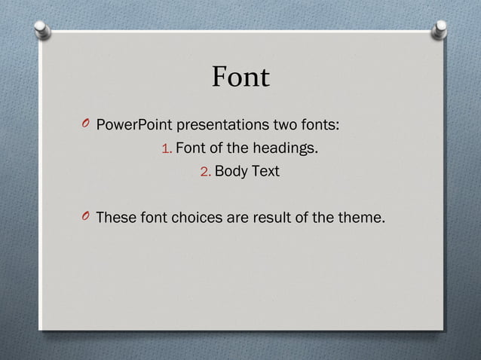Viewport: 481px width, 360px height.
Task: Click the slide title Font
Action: click(x=240, y=78)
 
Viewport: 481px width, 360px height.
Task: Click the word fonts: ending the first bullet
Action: click(x=319, y=124)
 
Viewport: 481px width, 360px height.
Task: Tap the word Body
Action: click(x=231, y=172)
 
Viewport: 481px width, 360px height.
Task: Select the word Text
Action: click(x=265, y=172)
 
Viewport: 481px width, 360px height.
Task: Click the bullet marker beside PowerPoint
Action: click(x=84, y=124)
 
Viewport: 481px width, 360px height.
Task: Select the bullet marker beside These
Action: click(x=84, y=218)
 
